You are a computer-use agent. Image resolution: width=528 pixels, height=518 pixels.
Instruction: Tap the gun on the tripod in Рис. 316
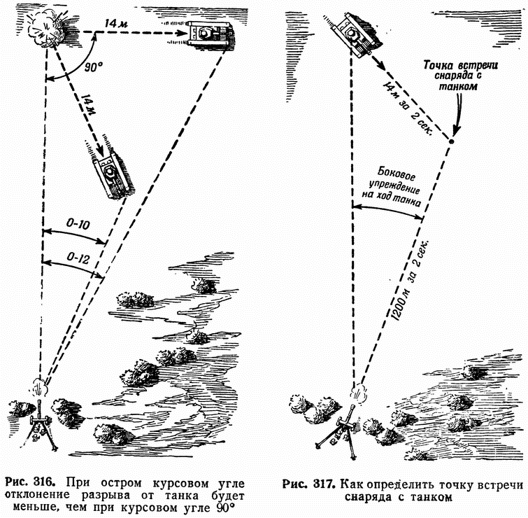pos(41,420)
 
